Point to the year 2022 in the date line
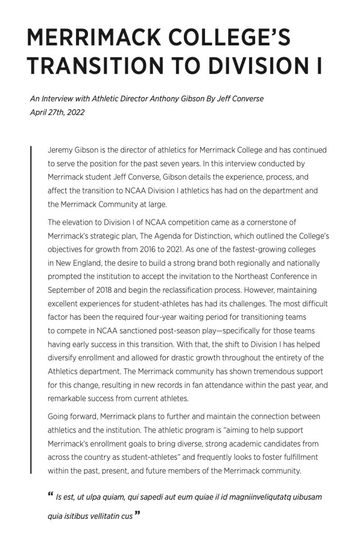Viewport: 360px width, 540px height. click(x=75, y=112)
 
